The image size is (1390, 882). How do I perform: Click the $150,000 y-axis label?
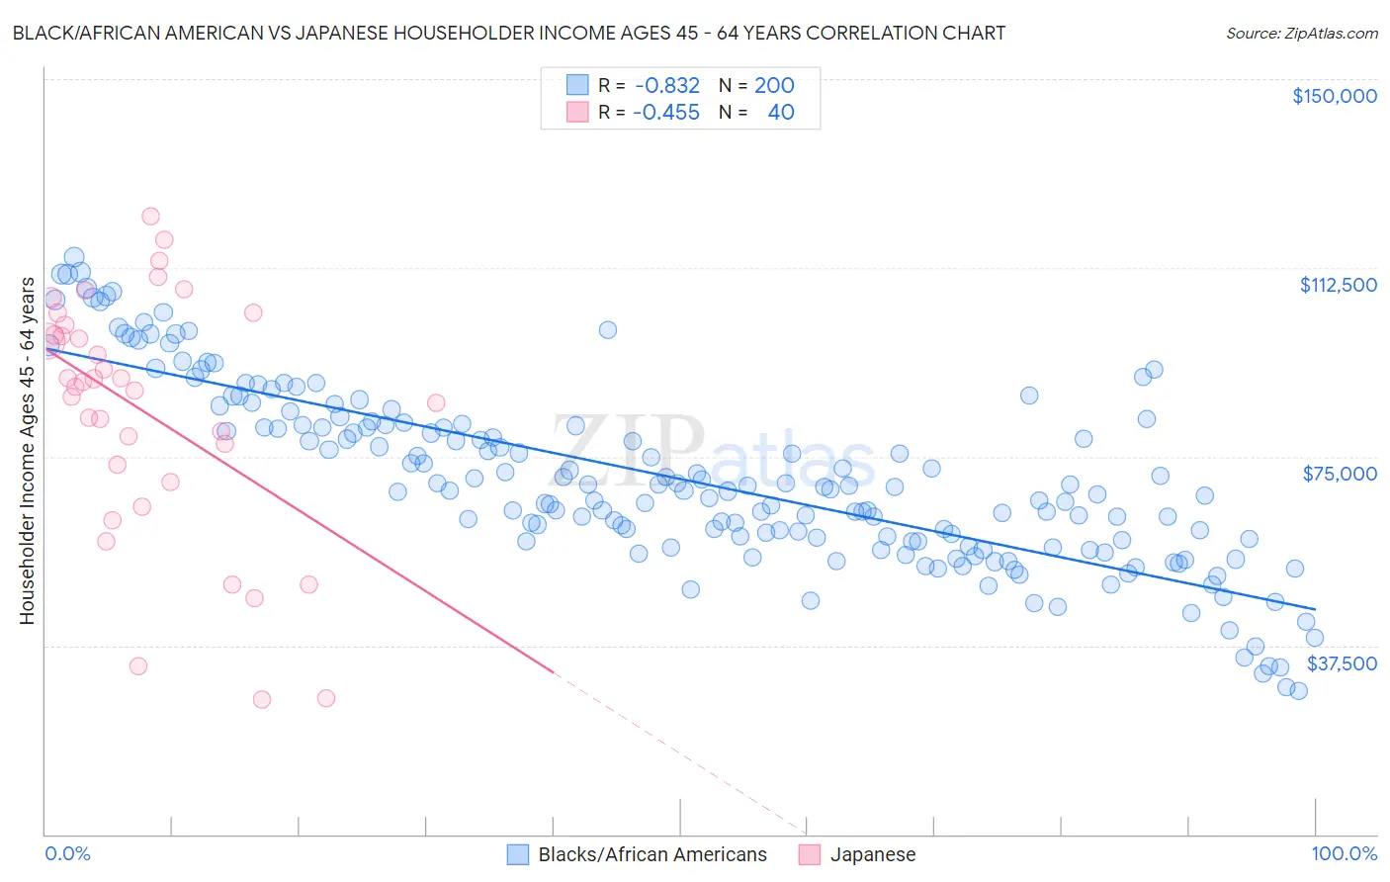click(1334, 96)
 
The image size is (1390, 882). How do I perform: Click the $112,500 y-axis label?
click(1338, 285)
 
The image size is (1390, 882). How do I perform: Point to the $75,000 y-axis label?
click(1340, 474)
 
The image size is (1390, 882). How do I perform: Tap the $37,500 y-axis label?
click(1342, 663)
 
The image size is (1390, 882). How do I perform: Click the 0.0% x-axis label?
click(67, 853)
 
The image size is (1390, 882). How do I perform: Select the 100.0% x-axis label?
click(1344, 853)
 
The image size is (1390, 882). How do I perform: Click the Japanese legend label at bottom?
click(872, 854)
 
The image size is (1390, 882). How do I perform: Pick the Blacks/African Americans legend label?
click(652, 854)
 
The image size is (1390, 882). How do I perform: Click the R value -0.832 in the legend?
click(667, 85)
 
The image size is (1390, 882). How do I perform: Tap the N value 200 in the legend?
click(774, 85)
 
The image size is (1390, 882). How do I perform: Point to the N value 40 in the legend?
click(780, 112)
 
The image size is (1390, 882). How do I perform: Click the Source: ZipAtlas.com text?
click(1301, 33)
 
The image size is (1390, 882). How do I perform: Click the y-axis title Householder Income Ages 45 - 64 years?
click(27, 451)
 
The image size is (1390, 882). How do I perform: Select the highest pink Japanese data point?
click(150, 216)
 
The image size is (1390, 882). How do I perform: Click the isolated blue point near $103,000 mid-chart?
click(608, 329)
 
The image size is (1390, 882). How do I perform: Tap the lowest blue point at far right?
click(1298, 690)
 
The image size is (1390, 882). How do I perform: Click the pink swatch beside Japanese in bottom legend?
click(810, 854)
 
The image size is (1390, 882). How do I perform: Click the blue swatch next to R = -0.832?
click(577, 85)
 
